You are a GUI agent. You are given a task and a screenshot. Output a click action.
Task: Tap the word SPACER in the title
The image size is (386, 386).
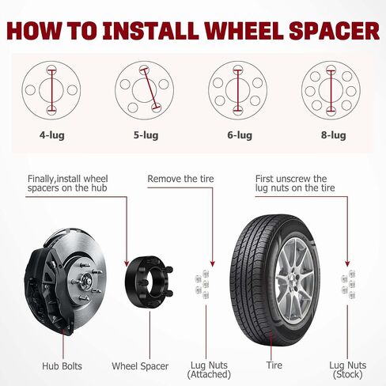pos(334,31)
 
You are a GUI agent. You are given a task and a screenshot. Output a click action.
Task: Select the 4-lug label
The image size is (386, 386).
pos(52,135)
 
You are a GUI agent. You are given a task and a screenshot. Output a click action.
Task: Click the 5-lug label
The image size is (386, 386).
pos(146,135)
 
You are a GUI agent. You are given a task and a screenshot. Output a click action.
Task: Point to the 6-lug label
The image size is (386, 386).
pos(240,135)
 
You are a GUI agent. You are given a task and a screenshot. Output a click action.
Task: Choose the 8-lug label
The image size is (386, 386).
pos(334,135)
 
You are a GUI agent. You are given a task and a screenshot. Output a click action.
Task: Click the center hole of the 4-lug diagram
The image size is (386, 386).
pos(51,90)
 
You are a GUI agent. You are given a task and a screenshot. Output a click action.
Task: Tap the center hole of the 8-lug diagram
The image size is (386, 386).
pos(331,90)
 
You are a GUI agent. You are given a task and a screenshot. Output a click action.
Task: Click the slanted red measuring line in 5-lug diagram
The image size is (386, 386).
pos(150,89)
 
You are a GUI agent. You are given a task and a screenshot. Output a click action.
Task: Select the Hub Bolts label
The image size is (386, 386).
pos(62,366)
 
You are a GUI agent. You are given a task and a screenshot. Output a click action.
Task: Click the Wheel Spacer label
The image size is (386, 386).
pos(140,366)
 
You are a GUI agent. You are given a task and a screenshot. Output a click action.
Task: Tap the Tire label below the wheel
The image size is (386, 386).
pos(274,365)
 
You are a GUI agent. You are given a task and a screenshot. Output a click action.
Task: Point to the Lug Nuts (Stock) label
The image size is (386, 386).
pos(348,369)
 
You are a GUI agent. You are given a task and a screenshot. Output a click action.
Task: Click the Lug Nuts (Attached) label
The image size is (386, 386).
pos(209,369)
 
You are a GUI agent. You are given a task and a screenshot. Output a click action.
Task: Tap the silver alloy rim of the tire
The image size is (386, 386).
pos(294,280)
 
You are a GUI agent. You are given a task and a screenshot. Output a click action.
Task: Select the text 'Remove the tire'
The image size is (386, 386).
pos(180,179)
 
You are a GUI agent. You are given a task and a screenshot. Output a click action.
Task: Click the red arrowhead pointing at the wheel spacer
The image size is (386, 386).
pos(127,263)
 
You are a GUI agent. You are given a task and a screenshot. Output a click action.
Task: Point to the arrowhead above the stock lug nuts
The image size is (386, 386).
pos(347,263)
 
